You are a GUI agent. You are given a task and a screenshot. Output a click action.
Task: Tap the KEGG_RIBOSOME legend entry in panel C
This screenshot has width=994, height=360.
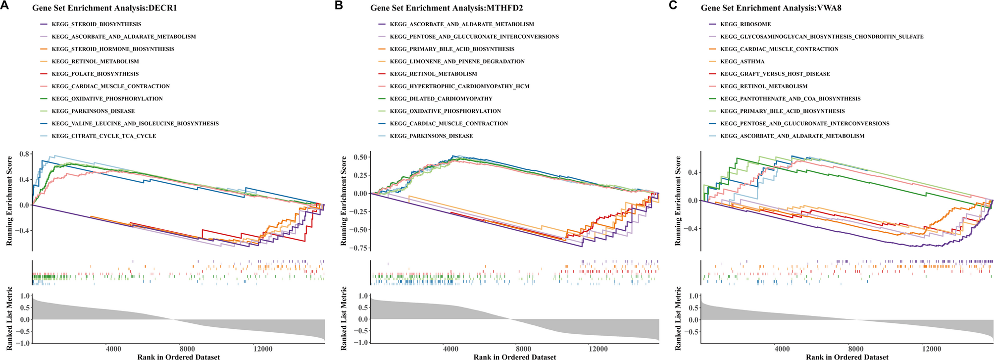click(745, 24)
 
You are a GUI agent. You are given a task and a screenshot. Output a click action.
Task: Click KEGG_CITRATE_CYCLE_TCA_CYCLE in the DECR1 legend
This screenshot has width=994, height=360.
click(103, 136)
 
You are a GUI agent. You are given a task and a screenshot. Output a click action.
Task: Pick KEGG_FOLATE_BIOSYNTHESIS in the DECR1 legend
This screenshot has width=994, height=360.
click(95, 74)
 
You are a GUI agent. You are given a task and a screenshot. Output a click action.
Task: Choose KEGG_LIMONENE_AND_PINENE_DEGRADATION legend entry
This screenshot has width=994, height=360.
click(457, 61)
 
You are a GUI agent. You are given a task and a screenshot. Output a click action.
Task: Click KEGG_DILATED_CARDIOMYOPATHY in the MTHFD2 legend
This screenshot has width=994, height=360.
click(441, 99)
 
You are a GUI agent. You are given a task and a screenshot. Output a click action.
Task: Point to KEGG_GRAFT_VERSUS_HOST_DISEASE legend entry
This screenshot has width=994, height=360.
click(775, 74)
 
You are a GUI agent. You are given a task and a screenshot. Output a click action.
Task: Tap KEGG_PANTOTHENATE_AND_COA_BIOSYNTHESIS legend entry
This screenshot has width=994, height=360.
click(790, 99)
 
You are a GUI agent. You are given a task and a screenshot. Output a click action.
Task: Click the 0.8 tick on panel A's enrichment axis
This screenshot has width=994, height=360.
click(24, 154)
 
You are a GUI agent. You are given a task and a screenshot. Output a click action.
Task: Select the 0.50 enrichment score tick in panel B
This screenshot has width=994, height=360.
click(360, 157)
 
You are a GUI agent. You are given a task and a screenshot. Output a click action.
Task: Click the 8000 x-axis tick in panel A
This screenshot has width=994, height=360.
click(187, 349)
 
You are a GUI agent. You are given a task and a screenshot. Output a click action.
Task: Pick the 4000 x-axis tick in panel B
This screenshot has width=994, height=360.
click(450, 349)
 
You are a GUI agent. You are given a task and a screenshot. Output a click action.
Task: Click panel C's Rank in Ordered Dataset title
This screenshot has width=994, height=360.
click(847, 357)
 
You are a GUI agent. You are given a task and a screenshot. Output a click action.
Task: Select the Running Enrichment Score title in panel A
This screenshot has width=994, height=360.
click(9, 201)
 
